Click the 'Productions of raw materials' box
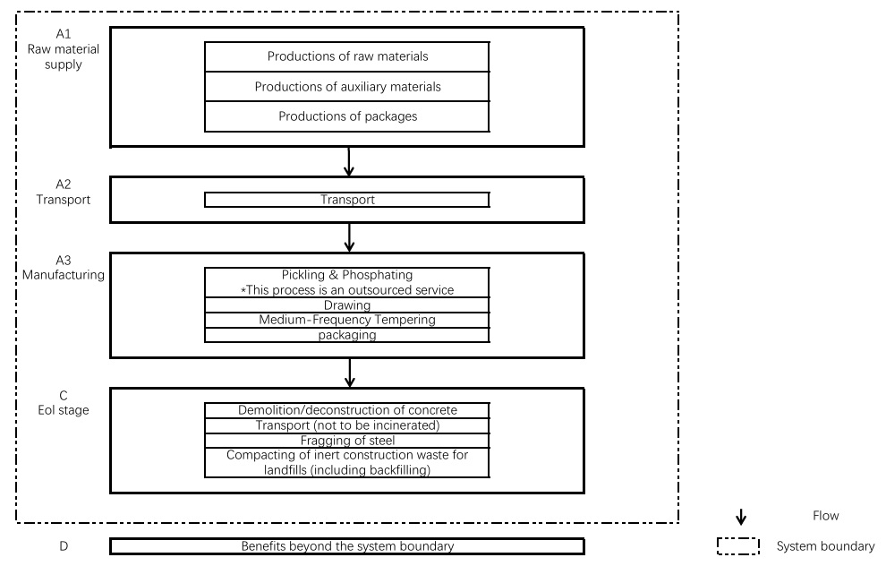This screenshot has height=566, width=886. coord(347,56)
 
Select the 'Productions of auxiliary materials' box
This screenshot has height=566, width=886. coord(347,87)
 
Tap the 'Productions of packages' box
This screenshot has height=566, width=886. coord(347,116)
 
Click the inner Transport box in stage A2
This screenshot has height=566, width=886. coord(347,200)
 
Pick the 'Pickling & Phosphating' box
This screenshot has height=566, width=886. coord(347,282)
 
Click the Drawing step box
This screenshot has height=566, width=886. coord(347,304)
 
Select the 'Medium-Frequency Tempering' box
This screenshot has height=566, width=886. coord(347,320)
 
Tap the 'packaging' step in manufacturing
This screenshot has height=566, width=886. coord(347,335)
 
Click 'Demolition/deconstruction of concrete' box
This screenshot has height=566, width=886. coord(347,410)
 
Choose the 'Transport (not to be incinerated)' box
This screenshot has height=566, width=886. coord(347,425)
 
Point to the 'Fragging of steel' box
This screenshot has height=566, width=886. coord(347,441)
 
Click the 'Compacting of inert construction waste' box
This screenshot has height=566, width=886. coord(347,462)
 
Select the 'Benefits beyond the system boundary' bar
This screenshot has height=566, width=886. coord(347,546)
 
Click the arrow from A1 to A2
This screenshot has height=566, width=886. coord(349,162)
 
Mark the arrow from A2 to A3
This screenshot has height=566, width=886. coord(349,237)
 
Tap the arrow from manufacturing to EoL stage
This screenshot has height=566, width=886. coord(350,373)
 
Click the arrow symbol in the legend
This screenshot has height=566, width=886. coord(741,517)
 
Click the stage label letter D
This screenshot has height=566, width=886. coord(64,546)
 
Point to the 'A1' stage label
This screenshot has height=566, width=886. coord(64,34)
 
